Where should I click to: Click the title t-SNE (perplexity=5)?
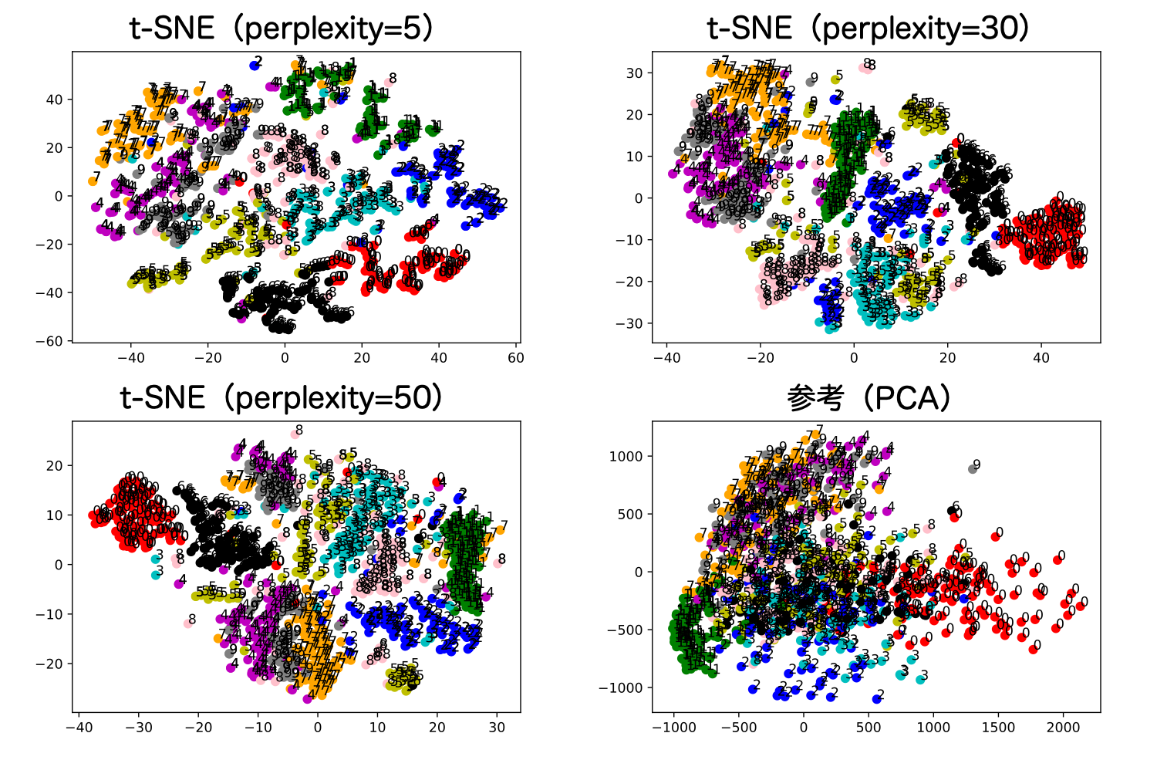[x=282, y=29]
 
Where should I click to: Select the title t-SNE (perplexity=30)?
[x=869, y=29]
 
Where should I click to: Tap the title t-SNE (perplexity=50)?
[x=282, y=398]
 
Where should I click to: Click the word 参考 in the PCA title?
[x=815, y=398]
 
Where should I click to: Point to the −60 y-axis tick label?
[x=49, y=341]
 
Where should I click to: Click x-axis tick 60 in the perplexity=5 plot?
[x=515, y=357]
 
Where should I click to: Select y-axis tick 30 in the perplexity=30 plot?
[x=634, y=73]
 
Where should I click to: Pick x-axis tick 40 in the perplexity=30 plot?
[x=1041, y=357]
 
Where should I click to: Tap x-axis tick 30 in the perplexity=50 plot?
[x=497, y=727]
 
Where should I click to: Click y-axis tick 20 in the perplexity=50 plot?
[x=54, y=465]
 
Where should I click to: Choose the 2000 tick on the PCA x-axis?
[x=1063, y=727]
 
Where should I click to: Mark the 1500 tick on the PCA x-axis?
[x=998, y=727]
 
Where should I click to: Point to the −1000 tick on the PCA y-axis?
[x=621, y=687]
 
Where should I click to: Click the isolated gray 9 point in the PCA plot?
[x=973, y=468]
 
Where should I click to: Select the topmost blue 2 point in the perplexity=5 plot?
[x=254, y=66]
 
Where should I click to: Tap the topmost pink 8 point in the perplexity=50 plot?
[x=295, y=434]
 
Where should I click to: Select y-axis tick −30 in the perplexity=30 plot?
[x=629, y=323]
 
